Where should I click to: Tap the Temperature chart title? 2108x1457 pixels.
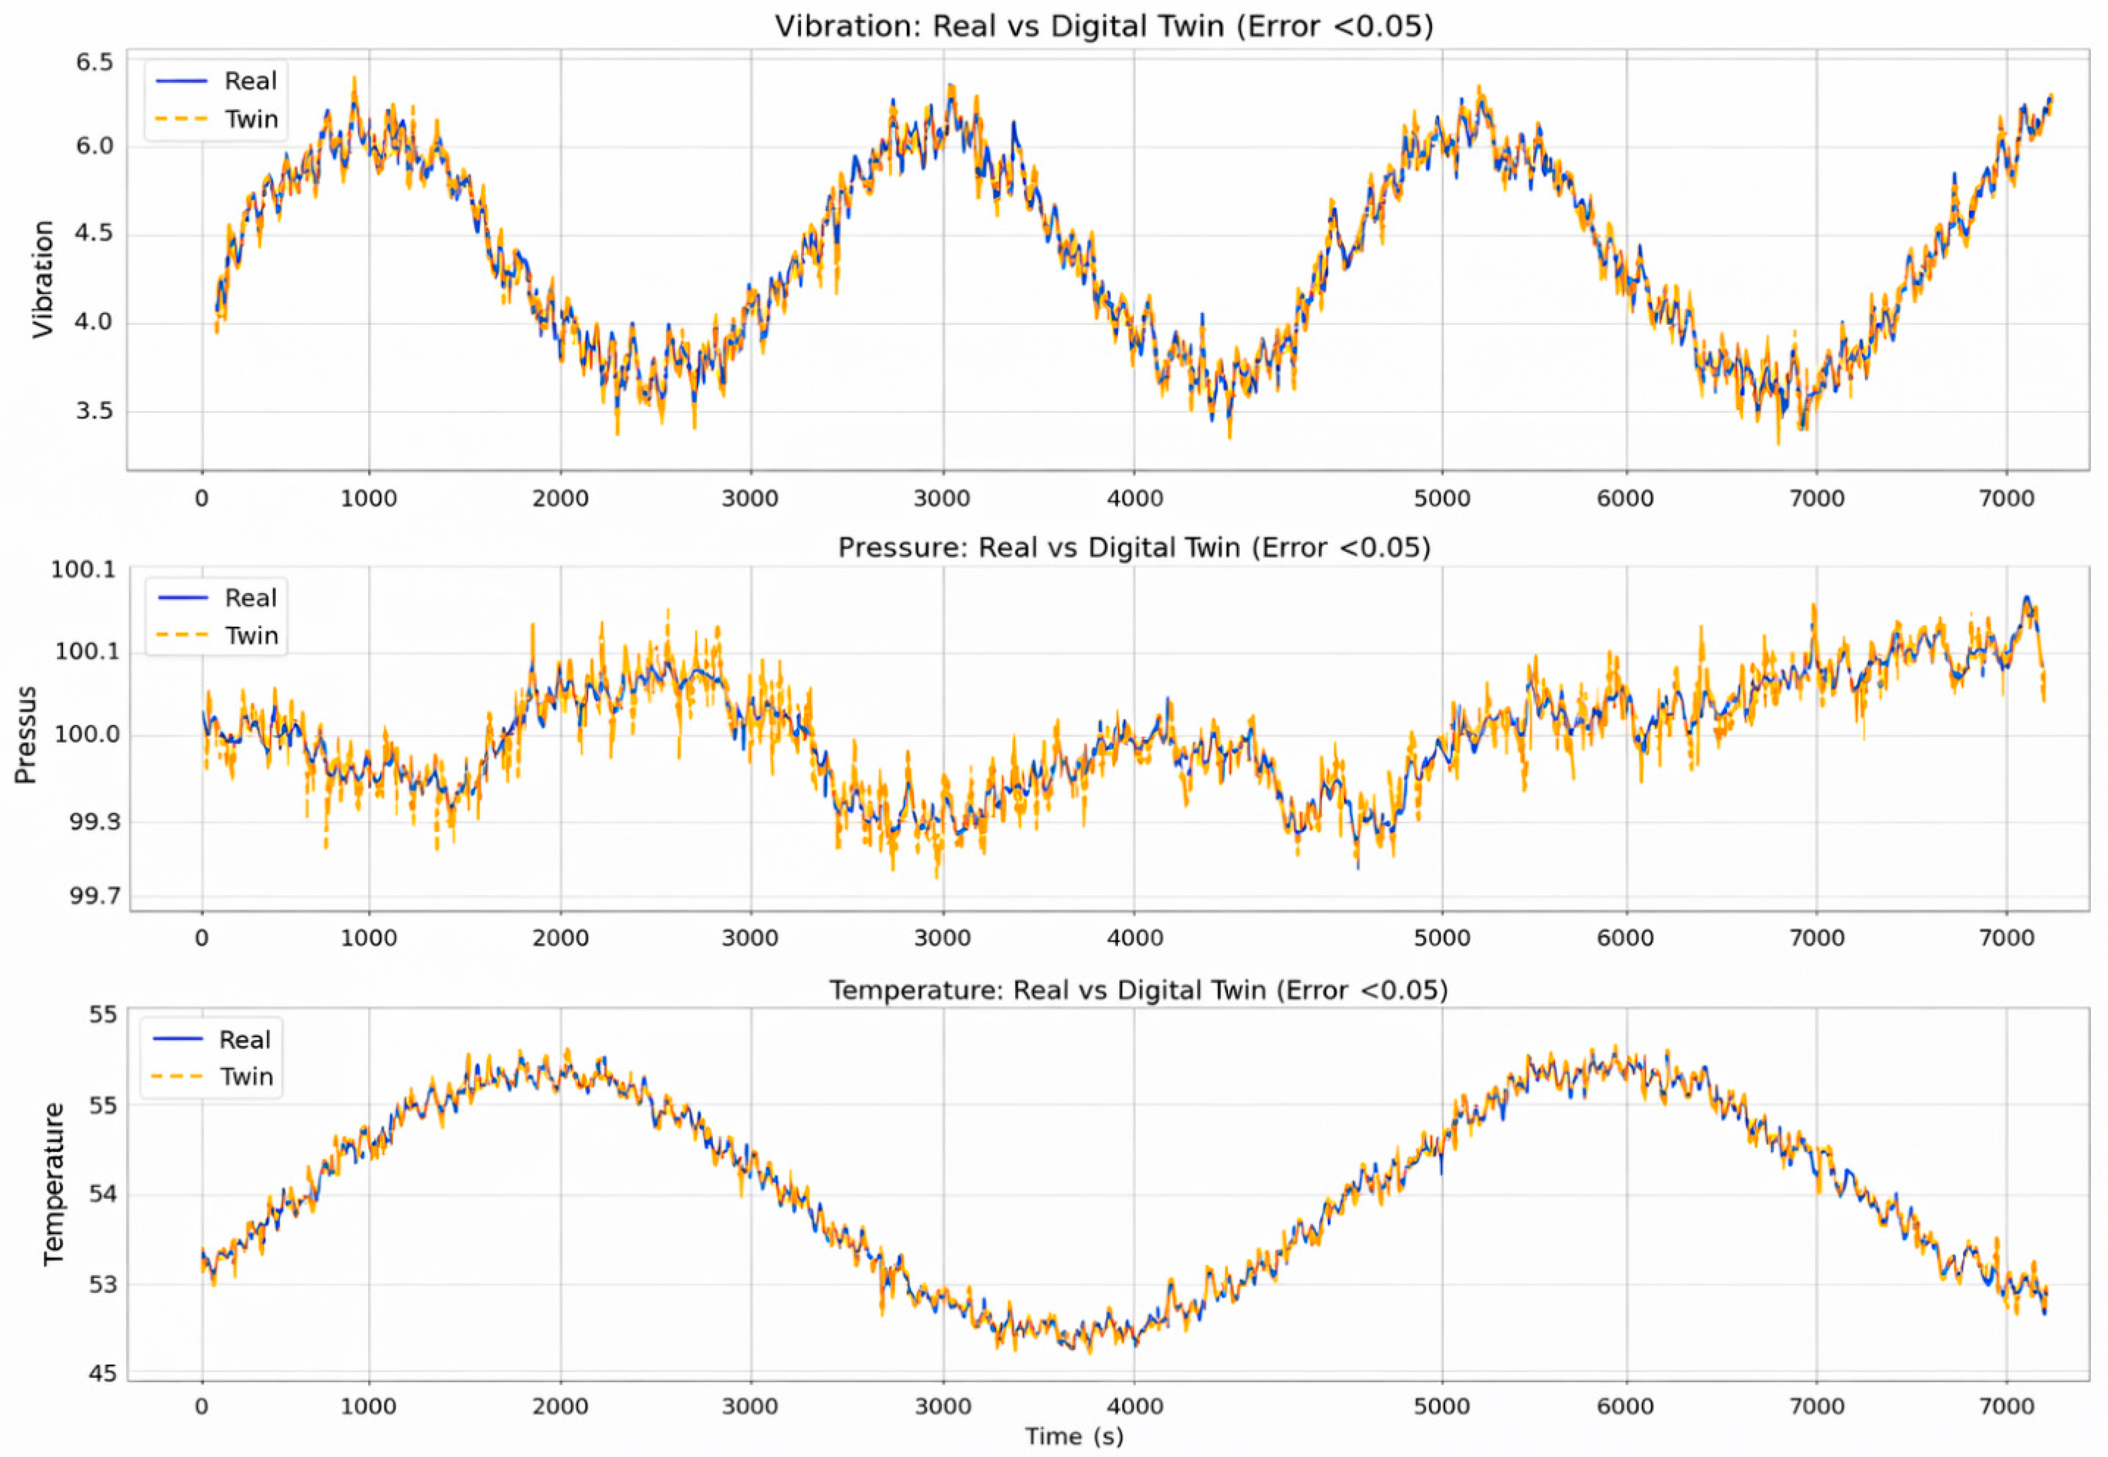1138,990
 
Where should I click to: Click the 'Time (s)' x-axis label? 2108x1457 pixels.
1074,1436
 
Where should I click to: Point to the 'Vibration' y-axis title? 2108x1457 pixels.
42,279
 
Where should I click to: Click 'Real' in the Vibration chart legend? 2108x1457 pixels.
250,81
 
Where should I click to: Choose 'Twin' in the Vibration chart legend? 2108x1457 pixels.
251,119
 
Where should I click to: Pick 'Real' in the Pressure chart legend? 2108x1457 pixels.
250,598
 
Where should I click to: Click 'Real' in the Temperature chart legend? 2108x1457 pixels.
245,1040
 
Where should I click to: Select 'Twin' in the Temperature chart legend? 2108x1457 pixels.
245,1077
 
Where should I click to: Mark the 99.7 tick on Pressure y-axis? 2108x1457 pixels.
93,895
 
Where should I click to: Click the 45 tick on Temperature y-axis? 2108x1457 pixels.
103,1373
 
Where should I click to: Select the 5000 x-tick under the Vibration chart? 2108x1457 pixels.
1442,499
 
